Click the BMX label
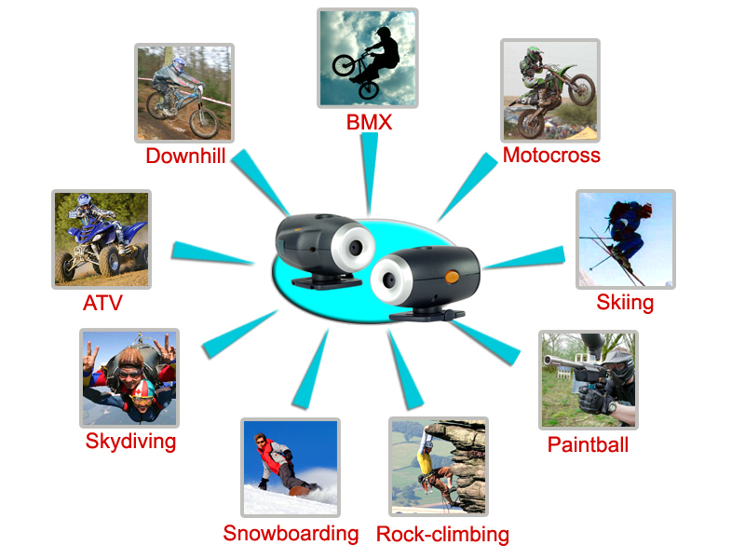[369, 122]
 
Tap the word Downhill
[185, 156]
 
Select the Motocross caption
[551, 155]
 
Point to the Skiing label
[625, 303]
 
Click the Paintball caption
[588, 445]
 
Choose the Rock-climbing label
[442, 534]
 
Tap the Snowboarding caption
[291, 533]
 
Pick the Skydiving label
[130, 442]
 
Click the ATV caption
[102, 303]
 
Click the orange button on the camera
[452, 276]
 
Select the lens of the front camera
[389, 280]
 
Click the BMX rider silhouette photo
[367, 58]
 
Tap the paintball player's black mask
[619, 367]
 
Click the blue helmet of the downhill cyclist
[179, 65]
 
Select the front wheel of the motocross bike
[581, 89]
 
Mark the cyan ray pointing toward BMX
[369, 173]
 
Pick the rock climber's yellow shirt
[424, 462]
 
